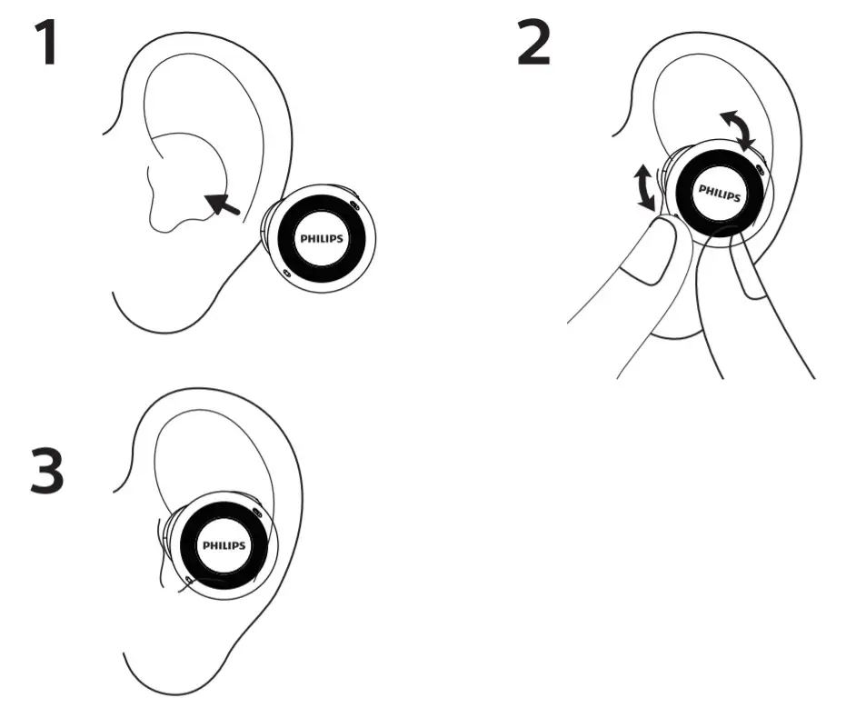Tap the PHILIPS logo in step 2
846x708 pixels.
[718, 192]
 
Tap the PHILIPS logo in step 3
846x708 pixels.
[224, 545]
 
